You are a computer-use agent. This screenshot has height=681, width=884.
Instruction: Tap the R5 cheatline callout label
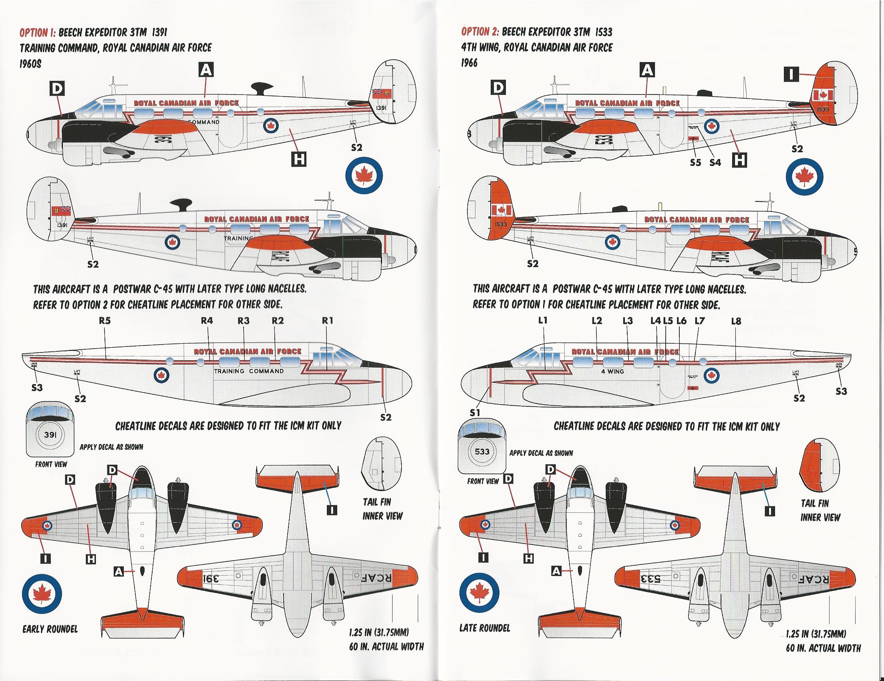[x=105, y=320]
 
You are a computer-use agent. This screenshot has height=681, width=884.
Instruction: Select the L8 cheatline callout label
[x=736, y=321]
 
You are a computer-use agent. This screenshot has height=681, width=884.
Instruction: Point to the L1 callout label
[x=543, y=320]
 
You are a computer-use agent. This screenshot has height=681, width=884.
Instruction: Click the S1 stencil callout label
[x=474, y=413]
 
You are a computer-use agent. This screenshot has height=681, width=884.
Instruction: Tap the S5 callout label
[x=695, y=163]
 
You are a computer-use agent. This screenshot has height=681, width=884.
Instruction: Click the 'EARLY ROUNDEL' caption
[x=50, y=629]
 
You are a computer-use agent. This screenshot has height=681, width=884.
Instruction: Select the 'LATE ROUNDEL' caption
[x=485, y=629]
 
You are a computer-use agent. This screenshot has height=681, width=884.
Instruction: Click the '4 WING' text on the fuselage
[x=612, y=371]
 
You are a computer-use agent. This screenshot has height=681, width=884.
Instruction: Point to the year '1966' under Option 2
[x=469, y=63]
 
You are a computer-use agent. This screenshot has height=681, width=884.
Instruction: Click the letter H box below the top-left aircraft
[x=299, y=161]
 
